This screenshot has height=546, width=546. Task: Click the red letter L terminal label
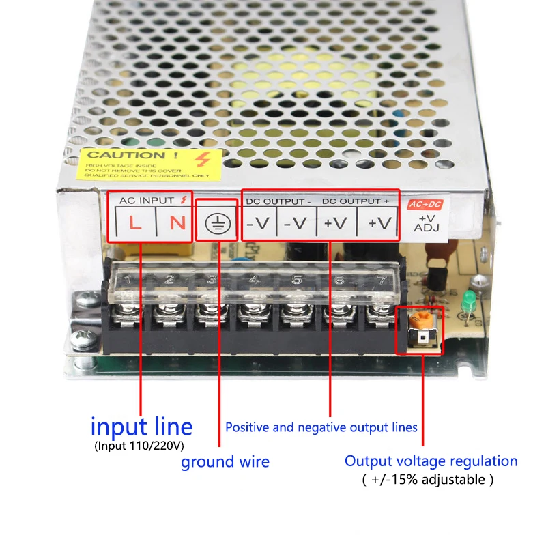(135, 223)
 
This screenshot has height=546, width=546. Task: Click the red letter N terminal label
(176, 223)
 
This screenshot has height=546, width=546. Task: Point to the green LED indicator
(469, 300)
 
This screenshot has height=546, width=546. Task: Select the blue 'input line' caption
(141, 427)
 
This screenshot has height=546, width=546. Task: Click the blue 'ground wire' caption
(225, 462)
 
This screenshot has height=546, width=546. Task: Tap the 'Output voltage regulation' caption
(431, 461)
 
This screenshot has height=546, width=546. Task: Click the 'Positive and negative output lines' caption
(321, 428)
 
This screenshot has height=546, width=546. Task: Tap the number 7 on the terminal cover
(379, 279)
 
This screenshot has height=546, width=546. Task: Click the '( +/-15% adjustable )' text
(427, 480)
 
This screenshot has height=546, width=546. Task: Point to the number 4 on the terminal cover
(254, 279)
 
